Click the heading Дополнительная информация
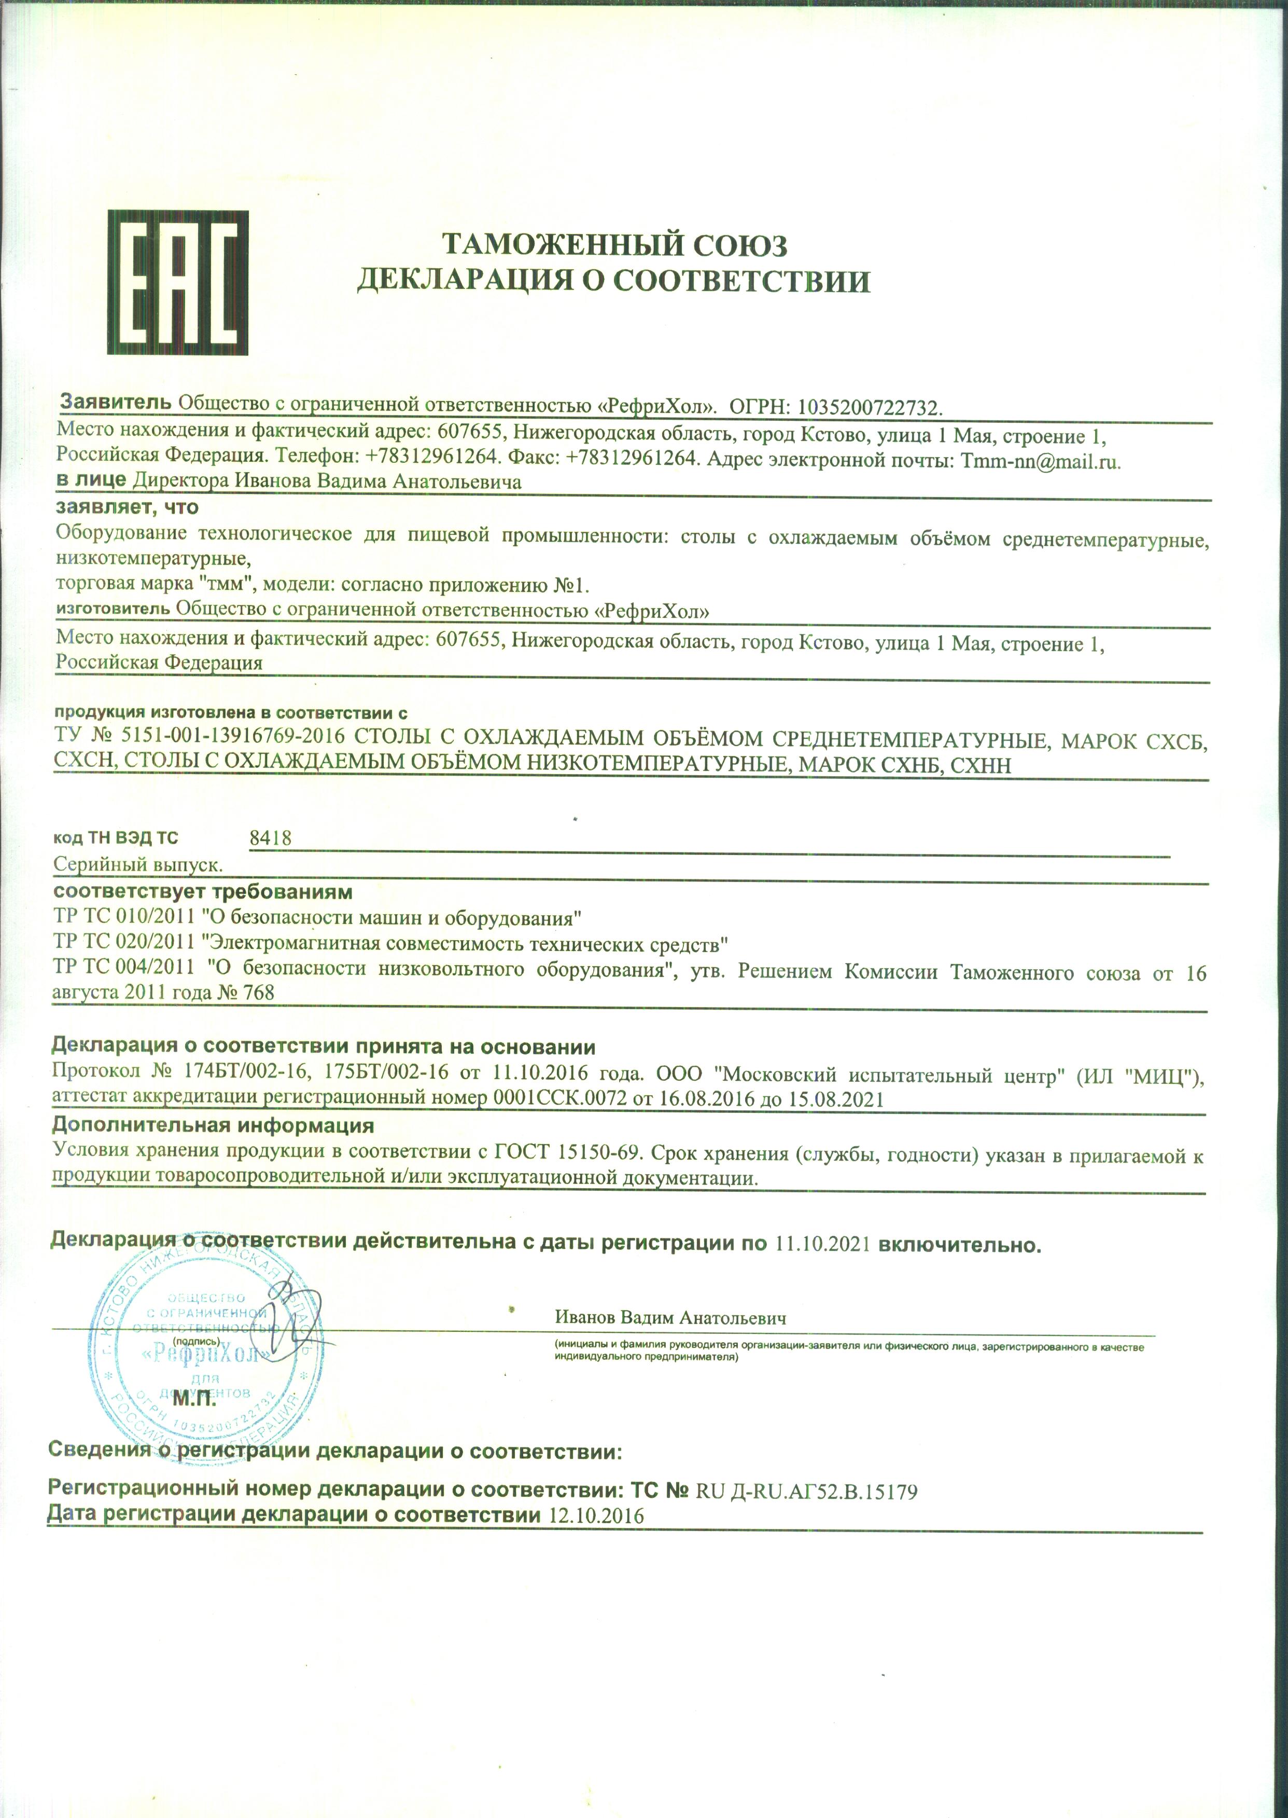pos(213,1125)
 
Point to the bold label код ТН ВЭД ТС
pos(116,838)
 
